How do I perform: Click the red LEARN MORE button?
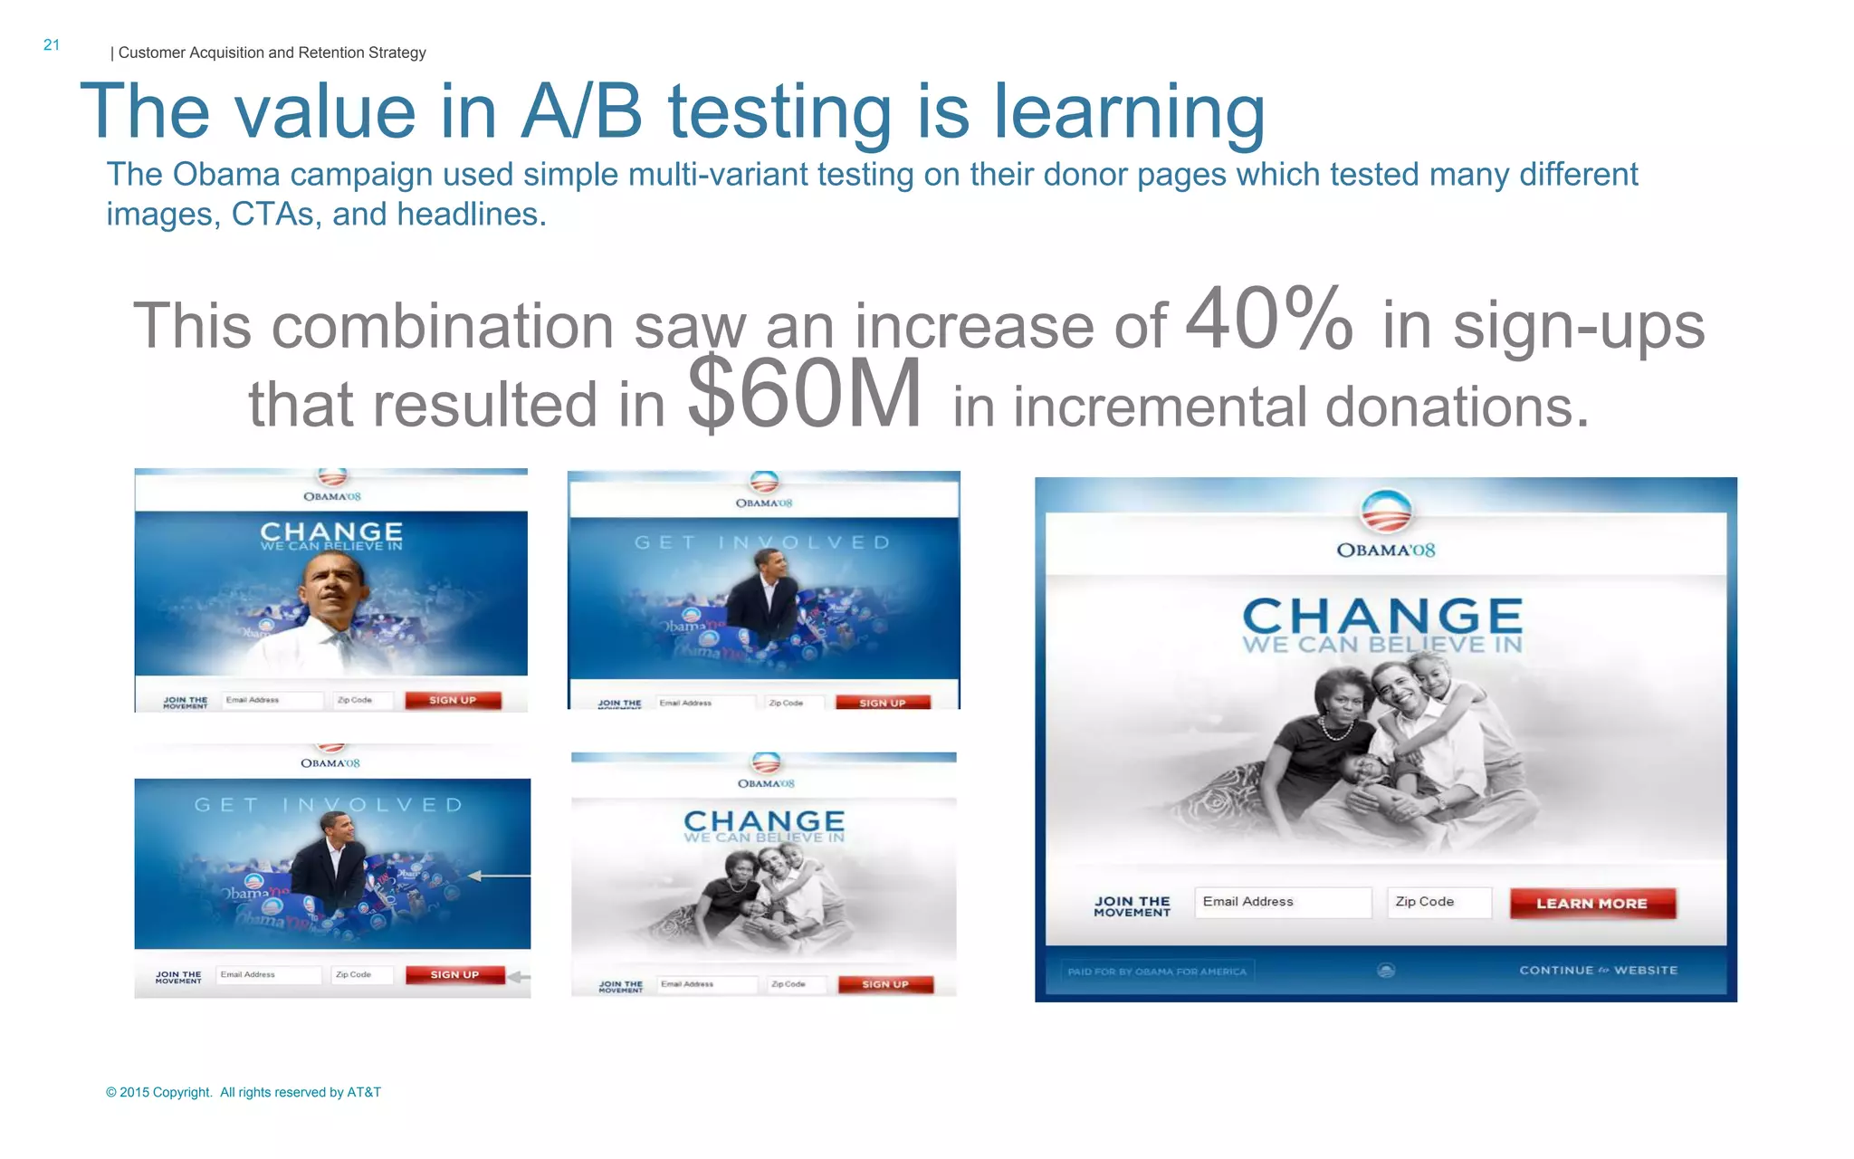[x=1592, y=903]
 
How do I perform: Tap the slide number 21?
[x=52, y=44]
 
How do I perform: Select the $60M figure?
[x=805, y=394]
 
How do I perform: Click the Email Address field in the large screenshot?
[x=1282, y=902]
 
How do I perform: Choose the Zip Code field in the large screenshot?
[x=1438, y=902]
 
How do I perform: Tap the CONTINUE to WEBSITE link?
[x=1598, y=970]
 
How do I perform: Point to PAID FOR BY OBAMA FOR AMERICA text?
[x=1157, y=972]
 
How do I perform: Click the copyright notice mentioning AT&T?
[x=244, y=1092]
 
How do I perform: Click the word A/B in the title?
[x=581, y=112]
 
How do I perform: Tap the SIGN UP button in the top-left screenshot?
[x=453, y=700]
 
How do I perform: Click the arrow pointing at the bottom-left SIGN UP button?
[x=520, y=976]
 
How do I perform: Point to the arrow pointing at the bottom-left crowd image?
[x=499, y=876]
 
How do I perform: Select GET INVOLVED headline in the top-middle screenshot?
[x=762, y=542]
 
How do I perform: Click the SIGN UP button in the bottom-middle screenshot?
[x=884, y=984]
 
